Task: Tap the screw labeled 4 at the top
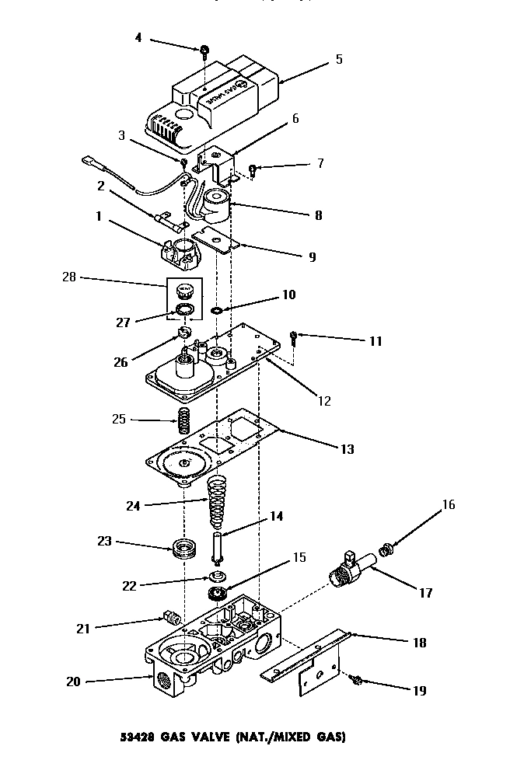[x=204, y=51]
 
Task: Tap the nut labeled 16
[x=383, y=551]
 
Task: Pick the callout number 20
[x=74, y=682]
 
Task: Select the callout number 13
[x=347, y=449]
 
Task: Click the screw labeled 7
[x=253, y=169]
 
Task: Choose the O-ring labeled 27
[x=186, y=311]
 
